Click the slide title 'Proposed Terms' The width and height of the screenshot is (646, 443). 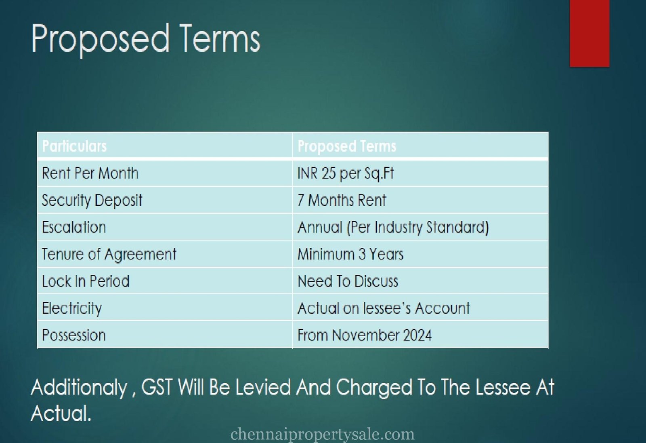pos(146,39)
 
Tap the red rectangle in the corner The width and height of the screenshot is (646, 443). pos(589,33)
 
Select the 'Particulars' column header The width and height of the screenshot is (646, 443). pos(74,146)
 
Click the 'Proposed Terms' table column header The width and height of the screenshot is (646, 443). pos(347,146)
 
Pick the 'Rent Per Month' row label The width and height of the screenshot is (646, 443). pos(90,173)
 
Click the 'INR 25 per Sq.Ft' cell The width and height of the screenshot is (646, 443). pos(346,173)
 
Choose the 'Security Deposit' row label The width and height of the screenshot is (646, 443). pos(92,200)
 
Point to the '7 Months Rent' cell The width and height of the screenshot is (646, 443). pos(342,200)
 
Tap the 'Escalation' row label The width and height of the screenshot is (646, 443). pos(74,227)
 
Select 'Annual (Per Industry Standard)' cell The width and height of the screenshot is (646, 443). pos(393,227)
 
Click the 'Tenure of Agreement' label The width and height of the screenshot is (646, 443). pos(109,254)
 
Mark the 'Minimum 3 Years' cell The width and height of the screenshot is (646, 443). pos(350,254)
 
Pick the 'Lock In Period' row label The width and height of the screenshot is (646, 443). pos(86,281)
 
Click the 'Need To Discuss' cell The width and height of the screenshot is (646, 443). pos(348,281)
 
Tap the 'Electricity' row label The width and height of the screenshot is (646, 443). pos(72,308)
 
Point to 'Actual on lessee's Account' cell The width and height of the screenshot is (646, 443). pos(384,308)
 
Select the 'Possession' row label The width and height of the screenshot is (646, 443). pos(74,335)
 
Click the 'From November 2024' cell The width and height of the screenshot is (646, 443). pos(365,335)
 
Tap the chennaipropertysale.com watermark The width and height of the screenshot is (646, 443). pos(323,434)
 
